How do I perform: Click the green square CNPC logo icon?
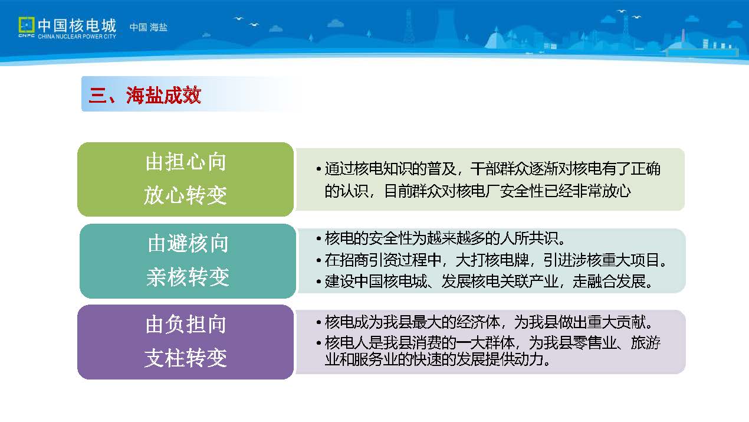tap(27, 25)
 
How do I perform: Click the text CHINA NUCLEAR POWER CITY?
tap(77, 36)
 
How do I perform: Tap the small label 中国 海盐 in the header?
tap(149, 27)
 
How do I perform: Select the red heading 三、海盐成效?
tap(144, 95)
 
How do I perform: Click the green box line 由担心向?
tap(186, 162)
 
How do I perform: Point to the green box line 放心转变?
tap(186, 195)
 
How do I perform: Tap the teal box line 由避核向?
tap(188, 243)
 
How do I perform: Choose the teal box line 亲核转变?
tap(188, 277)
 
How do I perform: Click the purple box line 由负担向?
tap(186, 324)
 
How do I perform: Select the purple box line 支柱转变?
tap(186, 358)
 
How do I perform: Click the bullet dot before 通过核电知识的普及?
tap(318, 169)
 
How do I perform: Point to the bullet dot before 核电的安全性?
tap(318, 238)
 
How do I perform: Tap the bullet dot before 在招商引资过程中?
tap(318, 260)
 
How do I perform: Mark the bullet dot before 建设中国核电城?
tap(318, 282)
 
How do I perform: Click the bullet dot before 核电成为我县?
tap(318, 323)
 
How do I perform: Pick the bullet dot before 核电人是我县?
tap(318, 343)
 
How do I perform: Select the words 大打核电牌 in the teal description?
tap(492, 260)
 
